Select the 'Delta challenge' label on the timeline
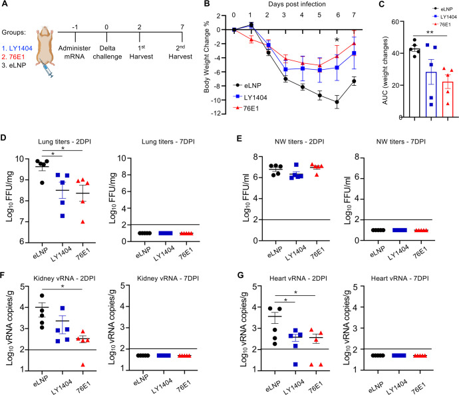tap(107, 53)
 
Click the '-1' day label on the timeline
tap(75, 27)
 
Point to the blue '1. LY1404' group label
tap(17, 49)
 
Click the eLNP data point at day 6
tap(337, 102)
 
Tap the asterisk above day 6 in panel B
tap(337, 40)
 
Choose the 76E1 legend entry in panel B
tap(246, 108)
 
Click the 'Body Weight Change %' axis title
tap(207, 57)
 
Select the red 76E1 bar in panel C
tap(448, 100)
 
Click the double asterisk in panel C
tap(430, 33)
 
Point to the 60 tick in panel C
tap(395, 22)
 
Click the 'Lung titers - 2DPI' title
tap(65, 142)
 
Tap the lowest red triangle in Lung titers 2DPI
tap(83, 222)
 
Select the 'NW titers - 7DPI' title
tap(400, 142)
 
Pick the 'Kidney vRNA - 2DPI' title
tap(65, 278)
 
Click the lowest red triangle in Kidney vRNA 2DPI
tap(83, 364)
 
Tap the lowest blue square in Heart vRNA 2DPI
tap(295, 364)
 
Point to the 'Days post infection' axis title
tap(297, 4)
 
